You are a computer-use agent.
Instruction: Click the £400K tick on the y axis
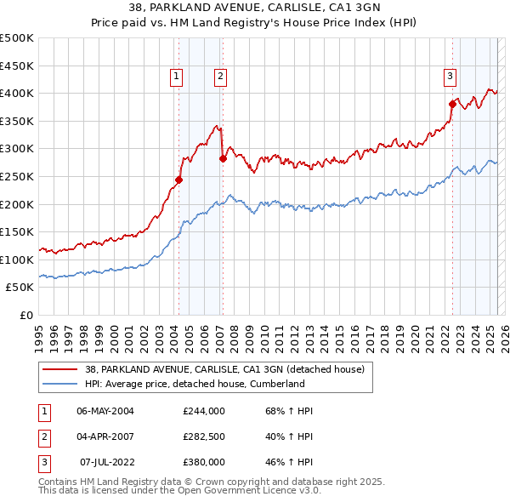18,93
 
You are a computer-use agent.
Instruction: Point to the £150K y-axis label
18,231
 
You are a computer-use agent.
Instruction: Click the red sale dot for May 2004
178,180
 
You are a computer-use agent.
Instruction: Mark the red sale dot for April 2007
222,158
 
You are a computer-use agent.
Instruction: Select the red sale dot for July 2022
452,104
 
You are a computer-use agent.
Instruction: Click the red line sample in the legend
60,369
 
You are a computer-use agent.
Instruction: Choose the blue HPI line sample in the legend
60,384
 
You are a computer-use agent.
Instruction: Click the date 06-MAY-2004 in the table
105,411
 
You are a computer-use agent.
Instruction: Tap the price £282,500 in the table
204,436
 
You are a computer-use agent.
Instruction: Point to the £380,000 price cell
204,462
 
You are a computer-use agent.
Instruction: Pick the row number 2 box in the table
42,436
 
